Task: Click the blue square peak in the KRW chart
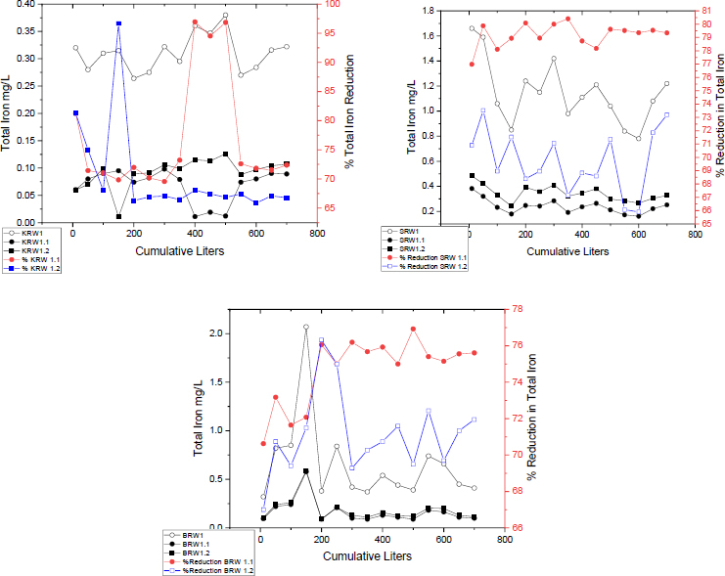(x=118, y=23)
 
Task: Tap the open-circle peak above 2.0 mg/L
(x=306, y=327)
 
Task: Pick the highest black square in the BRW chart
(x=306, y=470)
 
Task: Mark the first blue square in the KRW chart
(x=75, y=112)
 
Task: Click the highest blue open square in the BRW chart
(x=321, y=340)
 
